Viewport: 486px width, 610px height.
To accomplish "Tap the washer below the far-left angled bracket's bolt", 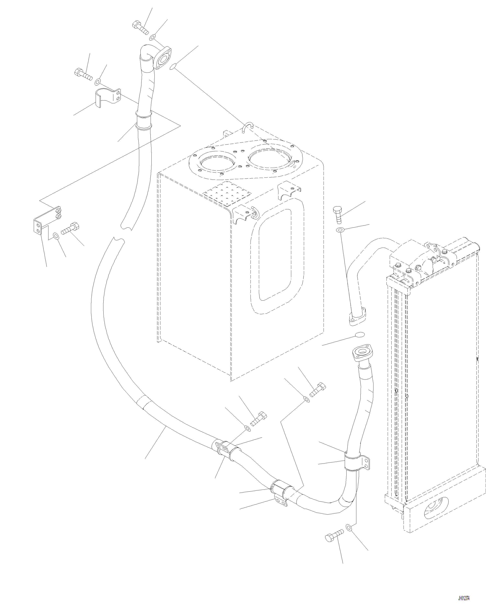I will [56, 236].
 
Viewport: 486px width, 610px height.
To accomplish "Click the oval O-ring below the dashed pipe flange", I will [359, 335].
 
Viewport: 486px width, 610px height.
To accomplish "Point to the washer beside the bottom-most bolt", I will [349, 527].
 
